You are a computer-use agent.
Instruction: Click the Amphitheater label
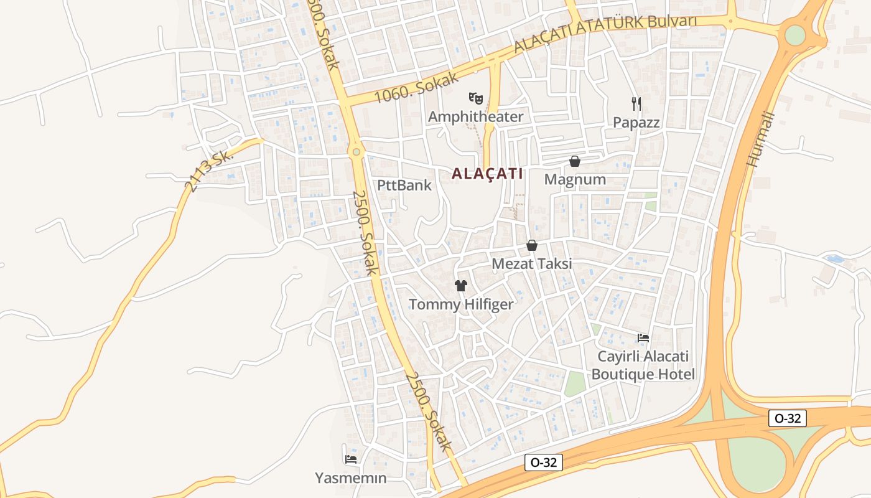[475, 116]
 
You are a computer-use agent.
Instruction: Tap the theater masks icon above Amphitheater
[476, 98]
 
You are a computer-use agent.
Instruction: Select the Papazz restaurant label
[636, 122]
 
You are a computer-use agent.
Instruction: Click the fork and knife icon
[636, 103]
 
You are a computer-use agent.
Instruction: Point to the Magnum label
[575, 180]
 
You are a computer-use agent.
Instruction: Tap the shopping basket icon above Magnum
[575, 161]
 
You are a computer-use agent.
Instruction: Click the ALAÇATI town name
[487, 174]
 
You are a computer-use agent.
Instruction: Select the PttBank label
[404, 185]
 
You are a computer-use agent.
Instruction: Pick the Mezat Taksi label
[532, 264]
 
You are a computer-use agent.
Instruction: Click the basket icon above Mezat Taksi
[532, 246]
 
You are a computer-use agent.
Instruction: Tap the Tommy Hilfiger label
[461, 304]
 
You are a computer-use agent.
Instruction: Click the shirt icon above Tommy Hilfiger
[460, 286]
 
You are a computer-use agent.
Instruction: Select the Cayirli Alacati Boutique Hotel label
[643, 365]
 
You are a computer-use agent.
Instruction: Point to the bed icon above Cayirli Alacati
[643, 338]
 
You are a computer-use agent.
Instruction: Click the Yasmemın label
[351, 478]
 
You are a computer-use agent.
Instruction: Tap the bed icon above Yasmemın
[351, 459]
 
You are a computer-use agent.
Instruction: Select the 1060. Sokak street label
[417, 88]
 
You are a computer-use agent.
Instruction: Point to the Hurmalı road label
[760, 140]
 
